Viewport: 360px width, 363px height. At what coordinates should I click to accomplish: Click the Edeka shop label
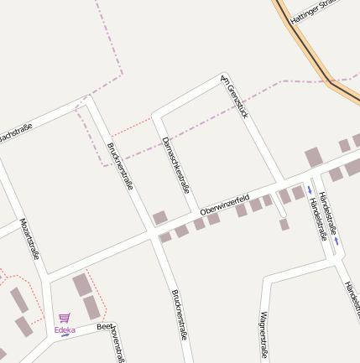point(65,329)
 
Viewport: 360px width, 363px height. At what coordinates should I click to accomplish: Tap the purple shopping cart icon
point(65,318)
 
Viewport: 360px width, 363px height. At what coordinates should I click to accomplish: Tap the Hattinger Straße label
point(312,11)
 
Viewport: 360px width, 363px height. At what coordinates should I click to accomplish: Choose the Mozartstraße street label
point(30,240)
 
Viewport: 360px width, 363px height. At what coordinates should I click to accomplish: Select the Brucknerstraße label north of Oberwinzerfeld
point(120,166)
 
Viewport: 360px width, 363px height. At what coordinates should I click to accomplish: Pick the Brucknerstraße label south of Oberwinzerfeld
point(180,314)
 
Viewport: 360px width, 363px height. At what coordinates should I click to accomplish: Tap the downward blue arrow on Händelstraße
point(310,190)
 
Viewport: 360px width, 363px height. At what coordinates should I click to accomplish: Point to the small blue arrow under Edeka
point(65,336)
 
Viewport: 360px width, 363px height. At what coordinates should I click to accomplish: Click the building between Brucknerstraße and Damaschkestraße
point(159,218)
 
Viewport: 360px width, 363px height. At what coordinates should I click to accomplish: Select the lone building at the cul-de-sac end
point(284,225)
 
